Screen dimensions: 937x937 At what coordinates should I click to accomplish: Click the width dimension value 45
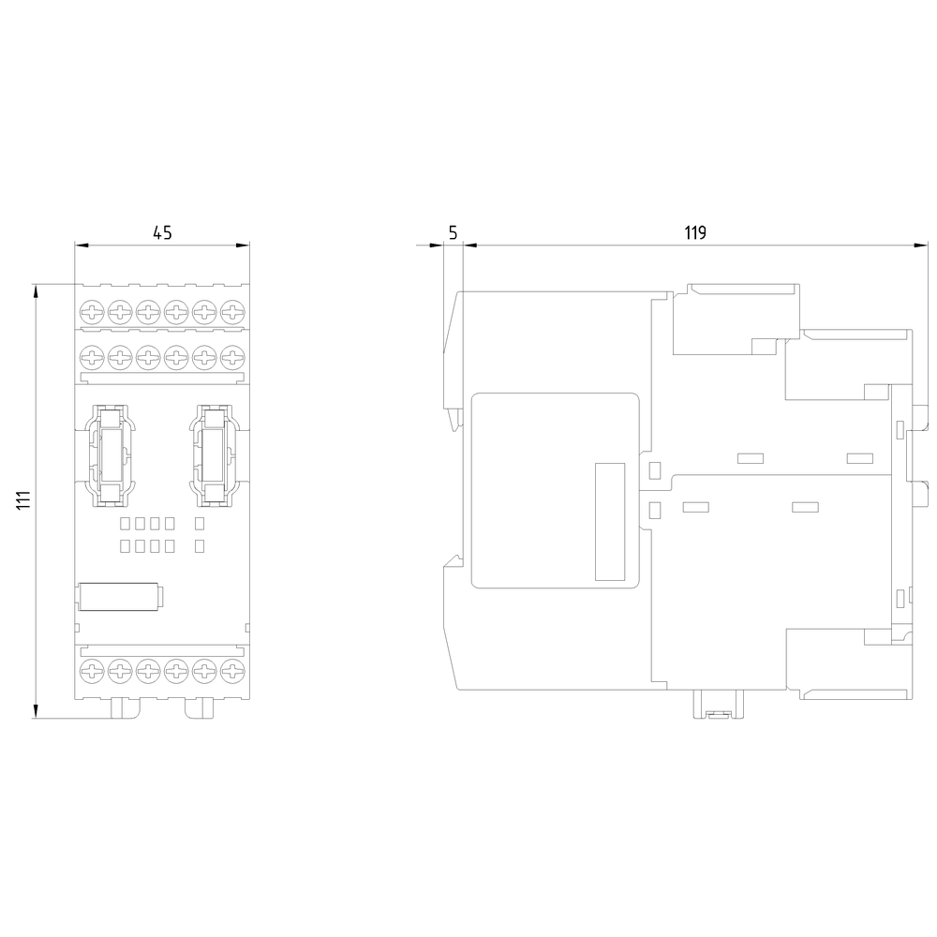(162, 233)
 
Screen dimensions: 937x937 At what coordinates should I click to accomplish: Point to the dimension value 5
(453, 233)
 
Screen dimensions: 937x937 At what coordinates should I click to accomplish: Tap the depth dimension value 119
(693, 233)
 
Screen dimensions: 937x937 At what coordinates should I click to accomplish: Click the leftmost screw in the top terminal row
(92, 311)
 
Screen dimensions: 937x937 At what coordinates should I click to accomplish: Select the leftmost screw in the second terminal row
(92, 356)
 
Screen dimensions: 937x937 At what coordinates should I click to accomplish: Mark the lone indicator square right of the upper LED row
(199, 523)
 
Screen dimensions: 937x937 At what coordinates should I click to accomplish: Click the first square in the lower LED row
(125, 545)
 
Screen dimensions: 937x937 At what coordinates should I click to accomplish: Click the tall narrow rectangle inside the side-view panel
(610, 521)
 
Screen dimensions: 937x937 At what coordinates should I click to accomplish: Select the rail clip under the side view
(718, 706)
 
